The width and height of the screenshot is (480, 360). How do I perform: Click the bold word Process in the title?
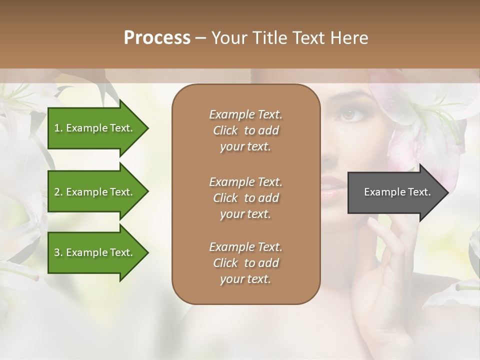click(x=157, y=37)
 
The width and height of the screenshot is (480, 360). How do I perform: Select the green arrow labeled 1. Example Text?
click(x=95, y=128)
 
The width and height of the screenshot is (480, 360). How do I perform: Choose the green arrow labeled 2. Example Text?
click(x=95, y=192)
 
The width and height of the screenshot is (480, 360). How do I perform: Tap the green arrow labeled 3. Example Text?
click(x=95, y=252)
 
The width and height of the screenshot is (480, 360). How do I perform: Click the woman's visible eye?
click(x=347, y=115)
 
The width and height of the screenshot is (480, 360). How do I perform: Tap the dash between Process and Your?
click(x=200, y=38)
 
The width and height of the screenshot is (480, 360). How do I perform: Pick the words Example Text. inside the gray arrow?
click(x=397, y=192)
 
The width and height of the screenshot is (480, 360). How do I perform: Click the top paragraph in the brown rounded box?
click(x=245, y=130)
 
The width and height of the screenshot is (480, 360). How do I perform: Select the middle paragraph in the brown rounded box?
click(x=245, y=198)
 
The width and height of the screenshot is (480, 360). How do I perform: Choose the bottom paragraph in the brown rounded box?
click(x=245, y=263)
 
